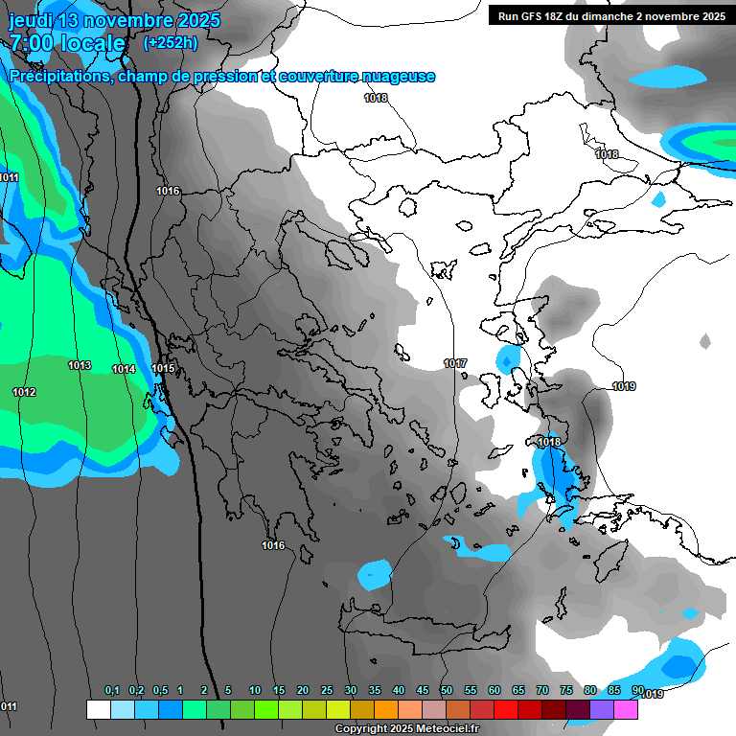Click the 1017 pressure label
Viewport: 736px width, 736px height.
455,364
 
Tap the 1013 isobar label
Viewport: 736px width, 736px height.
80,366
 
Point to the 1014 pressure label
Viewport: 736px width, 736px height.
124,370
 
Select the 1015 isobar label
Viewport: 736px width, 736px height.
163,369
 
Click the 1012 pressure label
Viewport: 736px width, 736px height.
24,393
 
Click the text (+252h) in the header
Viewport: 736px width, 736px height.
171,42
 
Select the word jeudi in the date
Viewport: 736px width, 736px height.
36,20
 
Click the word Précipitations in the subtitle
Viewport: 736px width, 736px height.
60,77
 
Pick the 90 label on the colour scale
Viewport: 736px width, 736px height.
638,691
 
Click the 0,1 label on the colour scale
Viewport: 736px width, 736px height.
112,691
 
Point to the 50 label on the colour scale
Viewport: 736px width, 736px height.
447,691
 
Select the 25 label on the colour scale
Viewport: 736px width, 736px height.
327,691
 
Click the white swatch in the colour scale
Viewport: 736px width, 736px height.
98,709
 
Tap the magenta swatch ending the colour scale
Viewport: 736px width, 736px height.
626,709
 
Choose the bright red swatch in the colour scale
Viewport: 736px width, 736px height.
506,709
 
